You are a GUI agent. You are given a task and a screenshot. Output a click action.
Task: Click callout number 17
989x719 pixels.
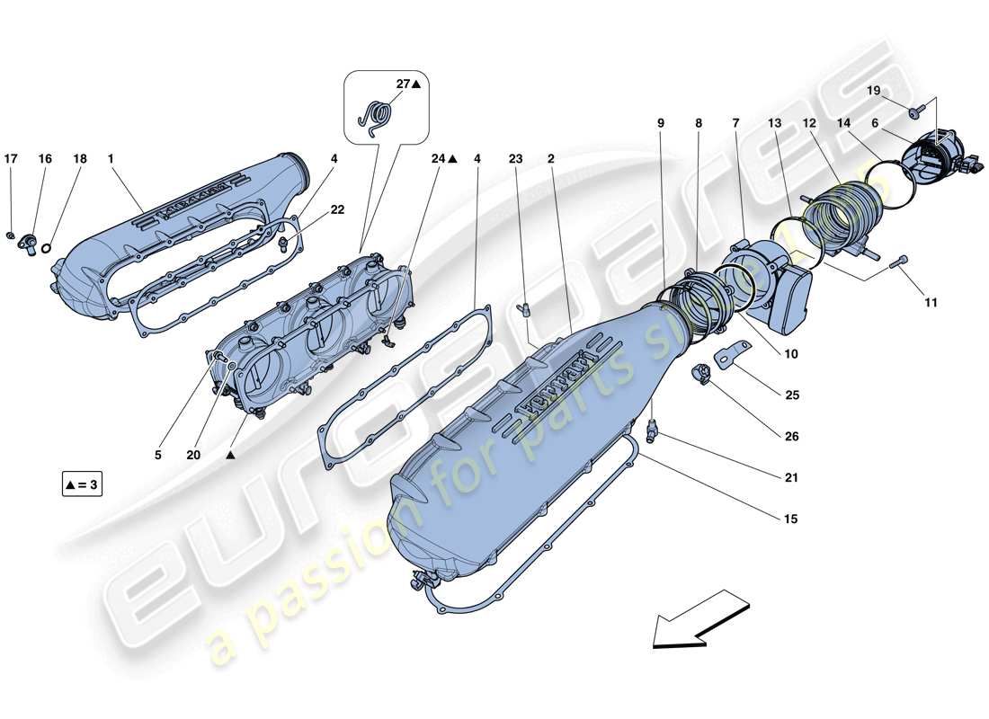click(x=11, y=159)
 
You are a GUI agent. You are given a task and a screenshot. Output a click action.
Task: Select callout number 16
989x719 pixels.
click(x=45, y=159)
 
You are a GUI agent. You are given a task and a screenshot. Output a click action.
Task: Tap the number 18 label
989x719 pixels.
click(x=80, y=159)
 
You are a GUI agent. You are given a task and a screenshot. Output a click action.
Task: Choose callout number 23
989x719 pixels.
click(x=515, y=159)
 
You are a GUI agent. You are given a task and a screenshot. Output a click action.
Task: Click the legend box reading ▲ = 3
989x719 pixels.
click(x=82, y=484)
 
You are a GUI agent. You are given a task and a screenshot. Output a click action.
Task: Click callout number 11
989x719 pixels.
click(x=931, y=303)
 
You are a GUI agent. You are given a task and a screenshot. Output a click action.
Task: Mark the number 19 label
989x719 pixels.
click(x=874, y=91)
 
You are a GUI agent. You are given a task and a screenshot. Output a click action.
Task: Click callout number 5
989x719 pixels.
click(x=157, y=455)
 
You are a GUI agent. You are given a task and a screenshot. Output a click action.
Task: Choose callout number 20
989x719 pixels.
click(x=193, y=455)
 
